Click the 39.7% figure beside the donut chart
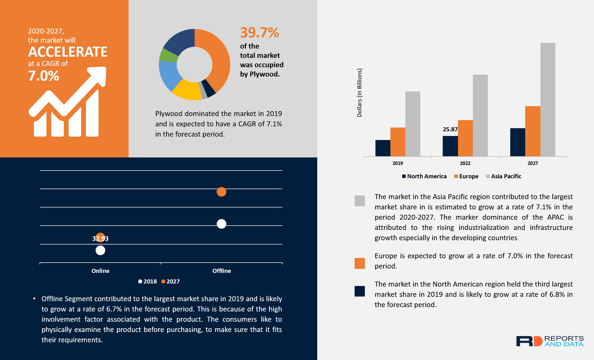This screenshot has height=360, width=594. tap(259, 33)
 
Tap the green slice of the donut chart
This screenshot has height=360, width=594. tap(168, 55)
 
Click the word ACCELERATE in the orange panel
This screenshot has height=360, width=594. tap(68, 52)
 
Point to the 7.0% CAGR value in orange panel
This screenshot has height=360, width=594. tap(44, 76)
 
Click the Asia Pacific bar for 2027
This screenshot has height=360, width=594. tap(548, 100)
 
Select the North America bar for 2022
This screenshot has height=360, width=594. tap(450, 146)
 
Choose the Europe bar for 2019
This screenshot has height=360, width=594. tap(398, 142)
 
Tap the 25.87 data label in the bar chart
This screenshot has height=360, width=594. tap(450, 129)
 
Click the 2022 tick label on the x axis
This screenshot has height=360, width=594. tap(465, 163)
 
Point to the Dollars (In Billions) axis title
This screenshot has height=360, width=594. tap(360, 93)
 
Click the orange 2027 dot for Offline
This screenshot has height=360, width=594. tap(221, 192)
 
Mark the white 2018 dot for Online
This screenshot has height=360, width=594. tap(100, 250)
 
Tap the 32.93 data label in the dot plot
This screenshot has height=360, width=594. tap(100, 239)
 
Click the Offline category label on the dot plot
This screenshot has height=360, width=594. tap(221, 271)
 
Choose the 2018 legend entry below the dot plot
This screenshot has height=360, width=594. tap(148, 282)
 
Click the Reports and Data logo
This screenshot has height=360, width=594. tap(549, 341)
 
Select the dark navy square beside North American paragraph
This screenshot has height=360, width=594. tap(360, 291)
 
